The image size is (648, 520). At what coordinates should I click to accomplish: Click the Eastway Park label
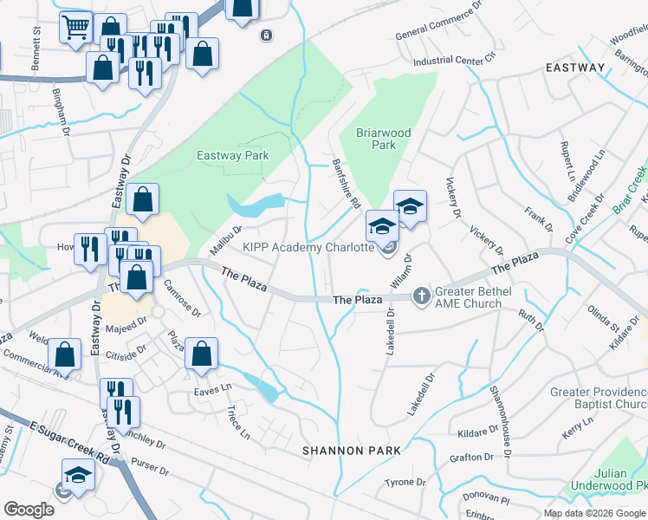[232, 156]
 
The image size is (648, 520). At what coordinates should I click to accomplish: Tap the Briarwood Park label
[384, 139]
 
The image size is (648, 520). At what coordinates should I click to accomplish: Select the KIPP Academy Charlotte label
[307, 247]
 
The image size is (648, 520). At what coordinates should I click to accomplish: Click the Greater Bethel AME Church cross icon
[421, 297]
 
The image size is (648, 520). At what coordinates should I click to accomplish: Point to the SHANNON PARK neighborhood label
[351, 451]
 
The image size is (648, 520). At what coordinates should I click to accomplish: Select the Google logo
[29, 510]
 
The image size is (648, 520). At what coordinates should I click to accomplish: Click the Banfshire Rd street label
[347, 183]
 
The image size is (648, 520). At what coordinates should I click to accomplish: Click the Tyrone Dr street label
[405, 482]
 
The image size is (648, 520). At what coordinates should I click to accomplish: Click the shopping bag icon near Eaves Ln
[201, 354]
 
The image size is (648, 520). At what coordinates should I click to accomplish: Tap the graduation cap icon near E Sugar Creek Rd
[78, 475]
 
